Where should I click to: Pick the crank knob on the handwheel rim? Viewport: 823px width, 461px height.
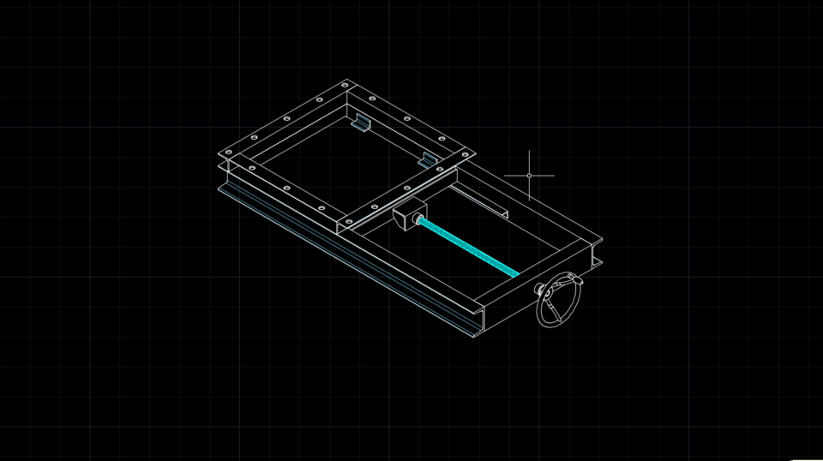coord(540,290)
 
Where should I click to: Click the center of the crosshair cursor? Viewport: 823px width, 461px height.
coord(529,176)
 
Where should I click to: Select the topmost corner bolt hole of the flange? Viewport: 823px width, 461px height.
coord(345,85)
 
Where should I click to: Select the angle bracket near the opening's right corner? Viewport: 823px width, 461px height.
coord(428,159)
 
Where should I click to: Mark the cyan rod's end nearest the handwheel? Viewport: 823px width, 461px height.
coord(516,274)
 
